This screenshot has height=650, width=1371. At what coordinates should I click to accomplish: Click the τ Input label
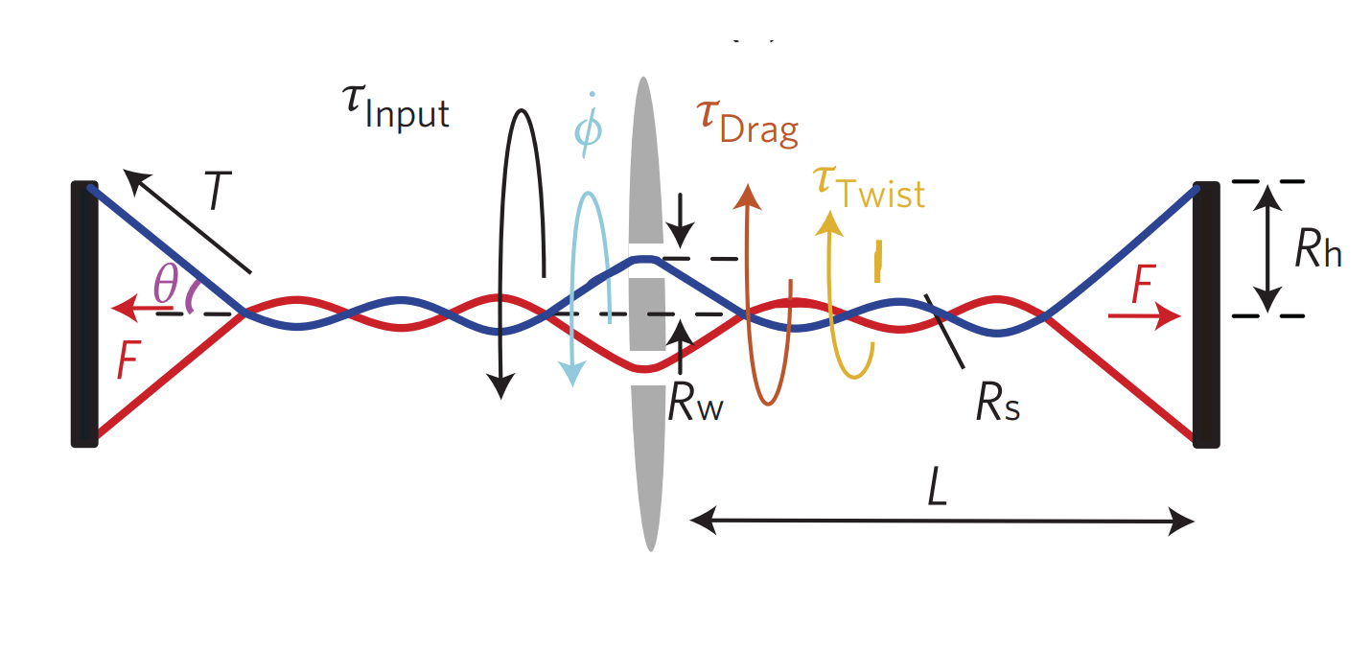click(x=396, y=105)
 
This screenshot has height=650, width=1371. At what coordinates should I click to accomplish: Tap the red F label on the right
click(x=1141, y=286)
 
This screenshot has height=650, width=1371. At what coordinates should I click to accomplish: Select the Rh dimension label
click(x=1317, y=251)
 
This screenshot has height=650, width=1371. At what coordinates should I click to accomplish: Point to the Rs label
click(x=997, y=406)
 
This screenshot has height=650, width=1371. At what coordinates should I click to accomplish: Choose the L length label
click(x=938, y=490)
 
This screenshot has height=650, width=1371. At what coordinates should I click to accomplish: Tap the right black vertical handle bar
click(x=1205, y=313)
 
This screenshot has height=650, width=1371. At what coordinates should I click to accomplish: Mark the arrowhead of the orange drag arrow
click(x=748, y=195)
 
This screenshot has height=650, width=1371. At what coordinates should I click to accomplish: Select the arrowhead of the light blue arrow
click(x=572, y=375)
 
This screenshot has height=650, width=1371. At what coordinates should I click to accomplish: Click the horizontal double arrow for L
click(x=941, y=522)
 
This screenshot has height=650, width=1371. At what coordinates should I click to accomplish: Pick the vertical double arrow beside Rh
click(x=1268, y=247)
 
